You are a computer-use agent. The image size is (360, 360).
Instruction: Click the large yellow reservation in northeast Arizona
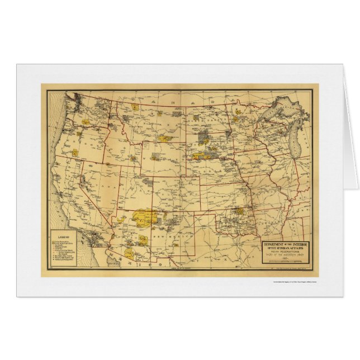145,215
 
